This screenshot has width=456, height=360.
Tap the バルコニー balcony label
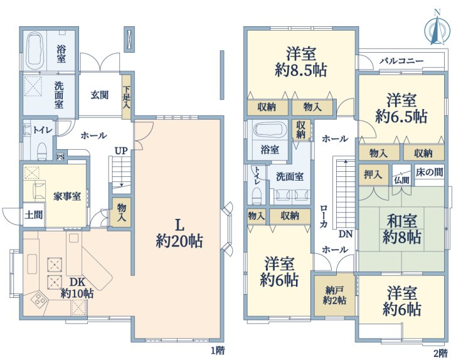click(401, 61)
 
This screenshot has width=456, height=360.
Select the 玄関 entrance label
click(100, 95)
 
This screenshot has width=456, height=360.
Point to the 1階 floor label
click(218, 351)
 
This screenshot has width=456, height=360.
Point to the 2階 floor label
click(440, 352)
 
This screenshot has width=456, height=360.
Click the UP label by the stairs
click(120, 151)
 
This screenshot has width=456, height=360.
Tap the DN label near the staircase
click(346, 234)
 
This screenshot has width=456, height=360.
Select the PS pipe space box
click(60, 157)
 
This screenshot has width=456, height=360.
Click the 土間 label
click(34, 215)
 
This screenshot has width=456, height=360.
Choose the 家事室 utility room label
click(67, 196)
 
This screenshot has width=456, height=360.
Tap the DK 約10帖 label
click(77, 288)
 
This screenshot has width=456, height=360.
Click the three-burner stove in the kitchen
click(40, 299)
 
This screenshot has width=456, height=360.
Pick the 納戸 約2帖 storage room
click(334, 295)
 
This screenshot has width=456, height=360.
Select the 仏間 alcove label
click(401, 181)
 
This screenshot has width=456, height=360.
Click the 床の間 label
click(429, 172)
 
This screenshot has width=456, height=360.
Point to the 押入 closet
click(373, 175)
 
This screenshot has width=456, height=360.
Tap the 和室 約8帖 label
click(401, 229)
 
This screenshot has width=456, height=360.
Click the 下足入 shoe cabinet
click(126, 97)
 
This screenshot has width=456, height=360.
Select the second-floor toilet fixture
click(256, 196)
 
